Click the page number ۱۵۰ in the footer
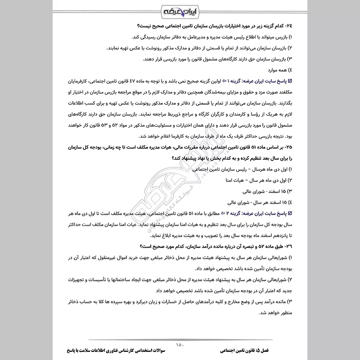[180, 345]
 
